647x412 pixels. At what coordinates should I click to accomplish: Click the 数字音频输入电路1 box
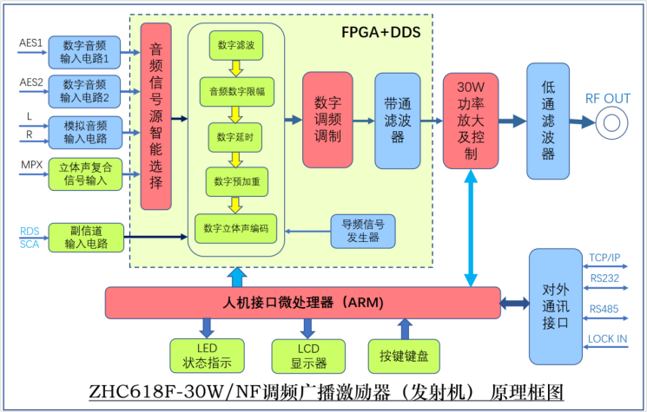[84, 52]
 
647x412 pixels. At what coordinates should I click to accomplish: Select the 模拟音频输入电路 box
[84, 132]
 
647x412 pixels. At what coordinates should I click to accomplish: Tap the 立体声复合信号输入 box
[84, 173]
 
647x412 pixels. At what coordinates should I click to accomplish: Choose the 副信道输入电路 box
[84, 237]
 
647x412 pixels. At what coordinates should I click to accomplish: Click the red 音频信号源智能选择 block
[156, 115]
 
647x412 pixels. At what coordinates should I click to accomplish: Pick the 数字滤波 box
[235, 45]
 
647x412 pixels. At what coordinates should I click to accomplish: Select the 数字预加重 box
[235, 181]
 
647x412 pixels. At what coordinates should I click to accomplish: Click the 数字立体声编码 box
[235, 229]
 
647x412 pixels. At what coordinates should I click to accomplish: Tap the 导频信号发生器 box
[362, 231]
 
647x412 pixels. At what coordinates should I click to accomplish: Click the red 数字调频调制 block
[327, 120]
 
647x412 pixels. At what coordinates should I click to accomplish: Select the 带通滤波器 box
[398, 120]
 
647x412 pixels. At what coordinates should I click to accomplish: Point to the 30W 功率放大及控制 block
[470, 121]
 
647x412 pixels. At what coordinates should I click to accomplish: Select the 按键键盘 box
[404, 355]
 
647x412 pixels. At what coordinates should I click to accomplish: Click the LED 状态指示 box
[205, 355]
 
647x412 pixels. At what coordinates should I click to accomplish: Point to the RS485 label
[604, 308]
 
